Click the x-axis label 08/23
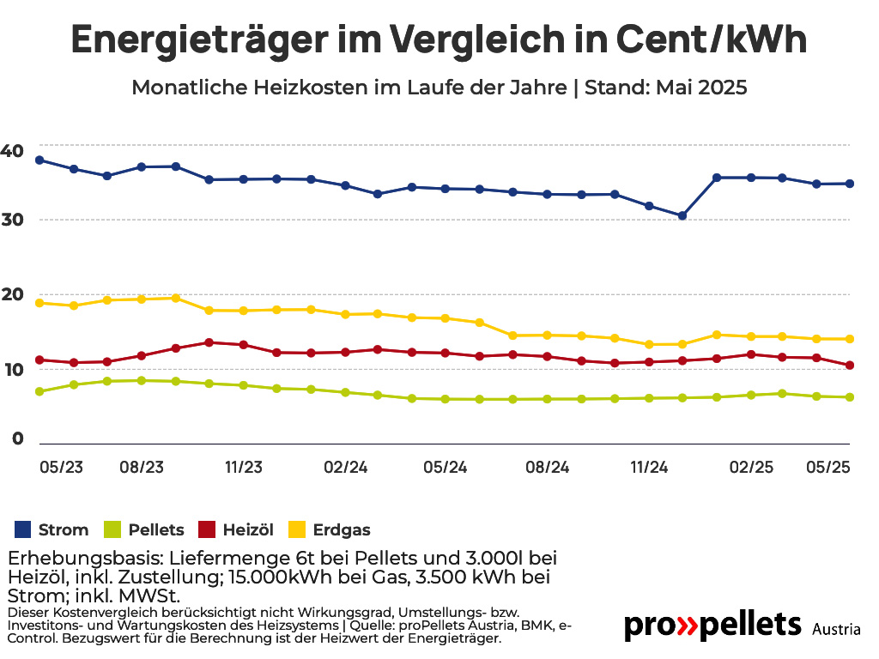click(x=142, y=468)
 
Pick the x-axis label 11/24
click(x=649, y=468)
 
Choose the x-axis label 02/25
click(x=751, y=468)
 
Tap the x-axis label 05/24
click(x=446, y=468)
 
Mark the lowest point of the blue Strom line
click(x=682, y=215)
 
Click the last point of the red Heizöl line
click(x=850, y=366)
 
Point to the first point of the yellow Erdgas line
click(x=39, y=303)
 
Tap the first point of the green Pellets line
click(x=39, y=391)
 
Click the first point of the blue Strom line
click(x=39, y=160)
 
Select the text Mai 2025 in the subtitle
click(x=701, y=88)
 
